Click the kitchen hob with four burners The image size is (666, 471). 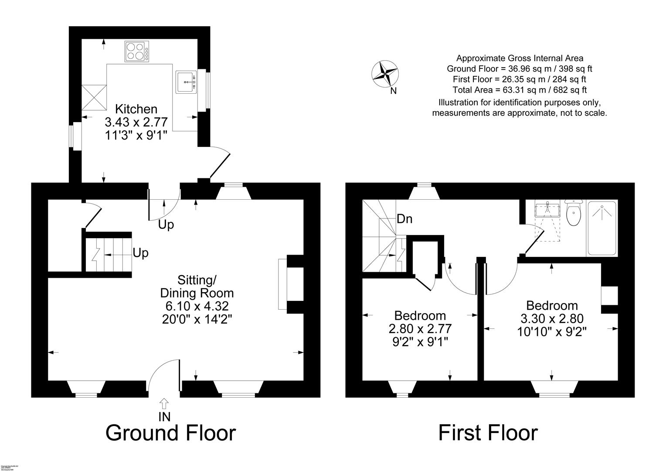[136, 51]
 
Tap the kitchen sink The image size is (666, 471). [187, 82]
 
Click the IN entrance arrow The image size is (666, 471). [164, 403]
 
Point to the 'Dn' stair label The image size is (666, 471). [404, 219]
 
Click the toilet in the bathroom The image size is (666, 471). [574, 213]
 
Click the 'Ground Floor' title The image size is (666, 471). [170, 433]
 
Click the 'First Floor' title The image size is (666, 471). [488, 433]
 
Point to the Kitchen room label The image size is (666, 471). [136, 109]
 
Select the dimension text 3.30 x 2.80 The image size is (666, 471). [552, 319]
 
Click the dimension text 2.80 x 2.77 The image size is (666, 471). [420, 328]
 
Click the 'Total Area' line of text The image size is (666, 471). [520, 90]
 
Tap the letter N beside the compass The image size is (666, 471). [394, 91]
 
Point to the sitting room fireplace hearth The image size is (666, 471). [282, 284]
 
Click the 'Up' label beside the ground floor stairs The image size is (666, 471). [140, 253]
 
